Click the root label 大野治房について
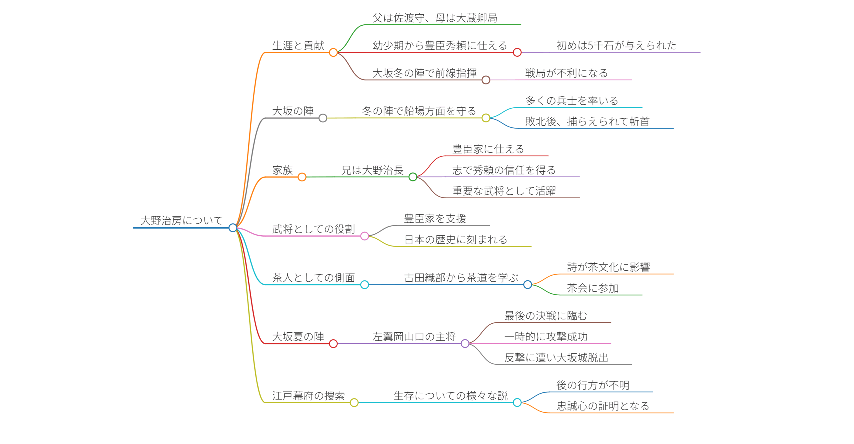tap(181, 220)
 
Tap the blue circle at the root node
tap(233, 228)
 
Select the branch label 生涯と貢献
tap(298, 45)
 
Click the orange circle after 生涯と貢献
tap(333, 52)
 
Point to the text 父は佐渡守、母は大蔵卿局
tap(435, 18)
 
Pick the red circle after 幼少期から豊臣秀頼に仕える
tap(517, 52)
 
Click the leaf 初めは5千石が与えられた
tap(616, 45)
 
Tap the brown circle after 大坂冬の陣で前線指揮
tap(486, 80)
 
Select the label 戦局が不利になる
tap(566, 73)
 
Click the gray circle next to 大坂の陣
tap(323, 118)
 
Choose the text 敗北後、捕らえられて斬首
tap(587, 121)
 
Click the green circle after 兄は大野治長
tap(413, 177)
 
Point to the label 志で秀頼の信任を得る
tap(504, 170)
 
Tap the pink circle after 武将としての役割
tap(365, 236)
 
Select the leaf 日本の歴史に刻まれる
tap(456, 239)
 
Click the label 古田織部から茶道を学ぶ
tap(461, 278)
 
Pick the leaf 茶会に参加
tap(593, 288)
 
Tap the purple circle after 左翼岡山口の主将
tap(465, 344)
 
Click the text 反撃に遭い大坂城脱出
tap(556, 358)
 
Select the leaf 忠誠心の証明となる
tap(603, 406)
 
